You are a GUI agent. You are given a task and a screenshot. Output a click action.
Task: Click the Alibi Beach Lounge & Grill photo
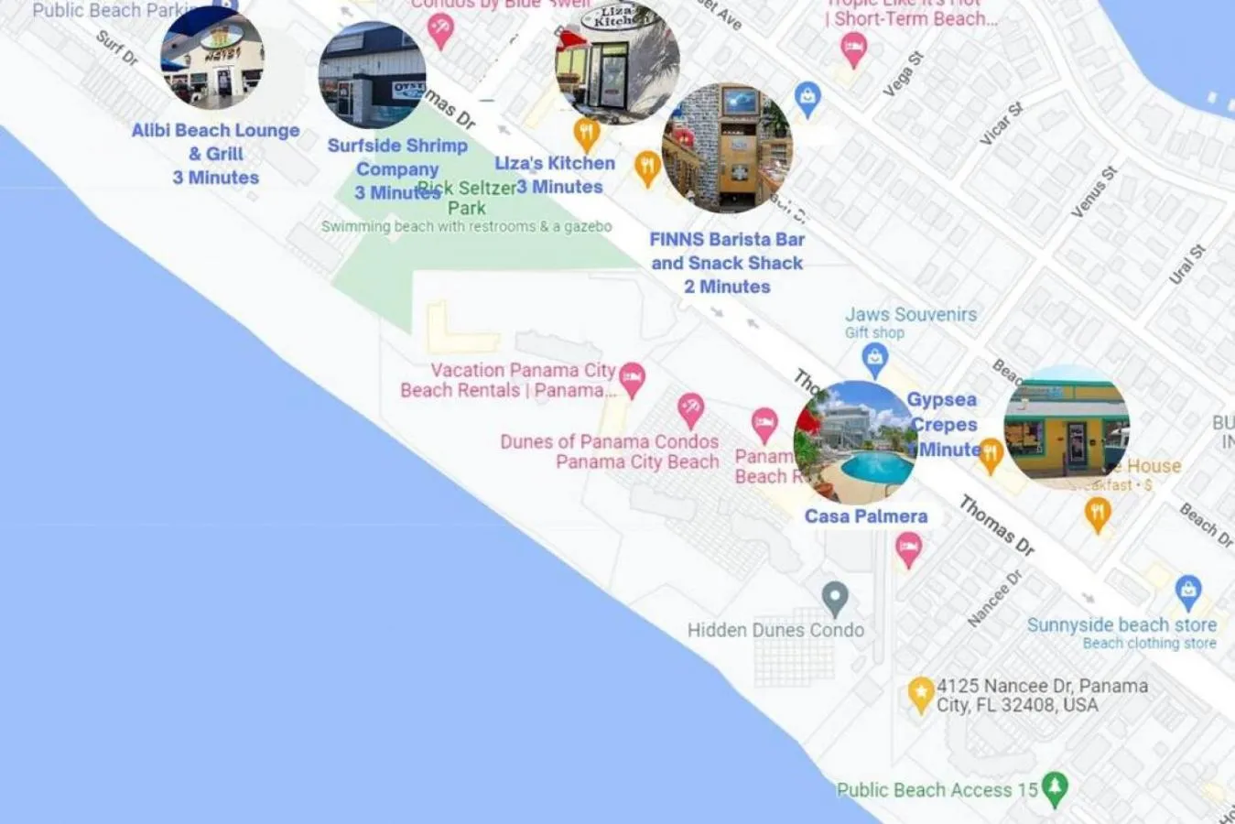[212, 59]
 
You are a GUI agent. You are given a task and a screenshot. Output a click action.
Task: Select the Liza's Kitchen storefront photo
[617, 61]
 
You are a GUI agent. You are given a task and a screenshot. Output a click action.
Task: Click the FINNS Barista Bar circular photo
[727, 148]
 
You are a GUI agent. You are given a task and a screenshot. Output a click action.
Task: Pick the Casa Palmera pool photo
[855, 443]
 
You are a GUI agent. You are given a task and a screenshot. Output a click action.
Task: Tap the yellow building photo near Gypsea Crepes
[1067, 428]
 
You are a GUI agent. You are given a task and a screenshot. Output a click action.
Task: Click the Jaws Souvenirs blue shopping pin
[875, 358]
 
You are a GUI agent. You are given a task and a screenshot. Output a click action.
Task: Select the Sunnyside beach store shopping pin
[1187, 591]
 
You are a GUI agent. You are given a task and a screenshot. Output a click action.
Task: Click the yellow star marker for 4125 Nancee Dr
[920, 693]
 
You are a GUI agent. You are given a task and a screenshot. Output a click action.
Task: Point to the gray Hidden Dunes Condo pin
[834, 599]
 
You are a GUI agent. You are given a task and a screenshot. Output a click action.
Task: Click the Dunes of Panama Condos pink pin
[690, 409]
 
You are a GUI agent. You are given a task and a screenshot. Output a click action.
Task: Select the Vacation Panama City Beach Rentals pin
[632, 376]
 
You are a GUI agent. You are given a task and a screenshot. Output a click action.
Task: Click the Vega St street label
[903, 74]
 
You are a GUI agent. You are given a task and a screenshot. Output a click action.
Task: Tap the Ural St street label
[1187, 264]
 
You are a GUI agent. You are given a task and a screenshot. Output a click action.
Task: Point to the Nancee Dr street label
[994, 599]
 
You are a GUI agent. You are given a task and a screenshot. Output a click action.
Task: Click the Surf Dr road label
[117, 48]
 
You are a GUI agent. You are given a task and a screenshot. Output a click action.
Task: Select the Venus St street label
[1094, 191]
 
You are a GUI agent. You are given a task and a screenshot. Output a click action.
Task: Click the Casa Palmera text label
[866, 516]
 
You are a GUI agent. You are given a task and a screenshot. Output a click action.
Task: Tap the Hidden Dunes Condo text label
[775, 630]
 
